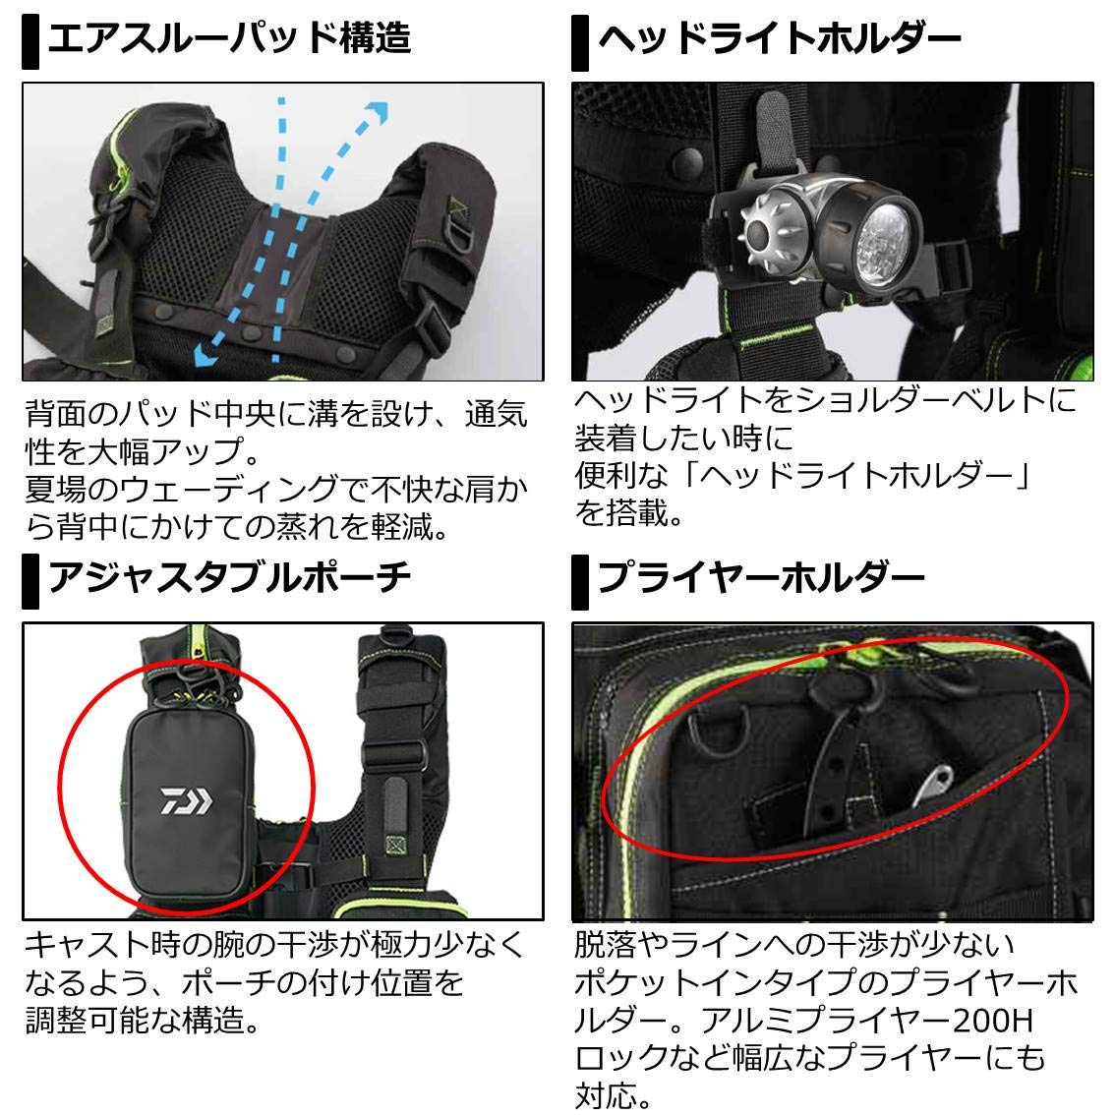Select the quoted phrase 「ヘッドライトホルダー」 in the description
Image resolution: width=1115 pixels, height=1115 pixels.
pyautogui.click(x=841, y=475)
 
